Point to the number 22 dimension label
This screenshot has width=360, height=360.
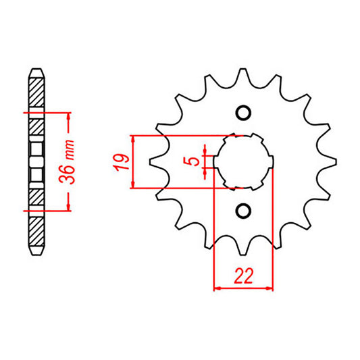tap(243, 276)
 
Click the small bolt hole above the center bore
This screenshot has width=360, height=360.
tap(243, 112)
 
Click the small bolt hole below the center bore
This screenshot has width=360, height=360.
tap(243, 211)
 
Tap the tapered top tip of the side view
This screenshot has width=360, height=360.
tap(38, 70)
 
